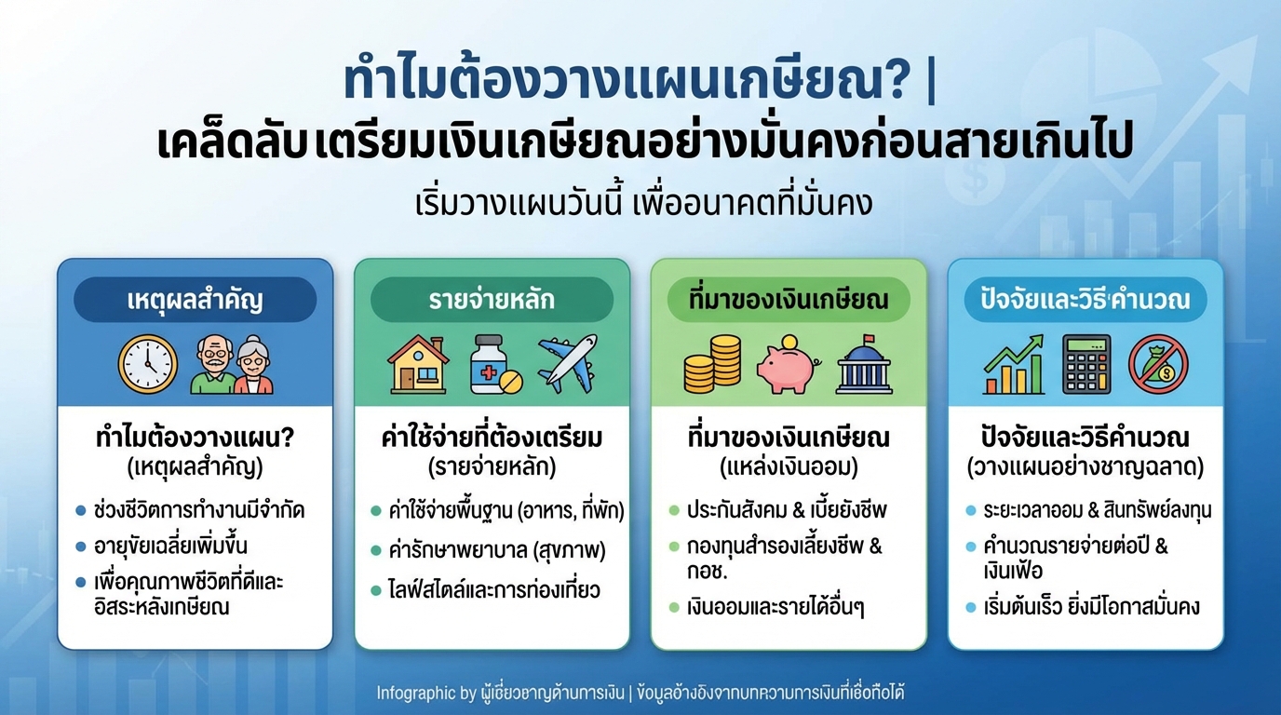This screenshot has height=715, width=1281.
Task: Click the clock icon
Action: [147, 364]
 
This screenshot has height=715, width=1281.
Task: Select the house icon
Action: [417, 364]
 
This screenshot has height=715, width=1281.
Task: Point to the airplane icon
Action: [567, 363]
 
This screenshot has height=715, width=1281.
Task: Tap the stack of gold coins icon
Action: [712, 364]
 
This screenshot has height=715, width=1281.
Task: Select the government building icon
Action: [864, 364]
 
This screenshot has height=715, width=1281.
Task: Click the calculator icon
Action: [1086, 364]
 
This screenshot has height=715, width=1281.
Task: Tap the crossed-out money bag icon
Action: [1158, 365]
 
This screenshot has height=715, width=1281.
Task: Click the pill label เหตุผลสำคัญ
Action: [195, 300]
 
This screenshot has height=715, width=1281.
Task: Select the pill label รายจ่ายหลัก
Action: [492, 300]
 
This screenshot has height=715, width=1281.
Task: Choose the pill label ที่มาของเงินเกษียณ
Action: [788, 300]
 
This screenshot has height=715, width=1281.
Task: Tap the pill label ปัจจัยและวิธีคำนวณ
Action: [1085, 300]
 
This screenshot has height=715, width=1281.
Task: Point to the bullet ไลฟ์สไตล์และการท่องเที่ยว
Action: [494, 590]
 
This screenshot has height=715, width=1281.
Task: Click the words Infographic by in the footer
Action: [418, 693]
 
